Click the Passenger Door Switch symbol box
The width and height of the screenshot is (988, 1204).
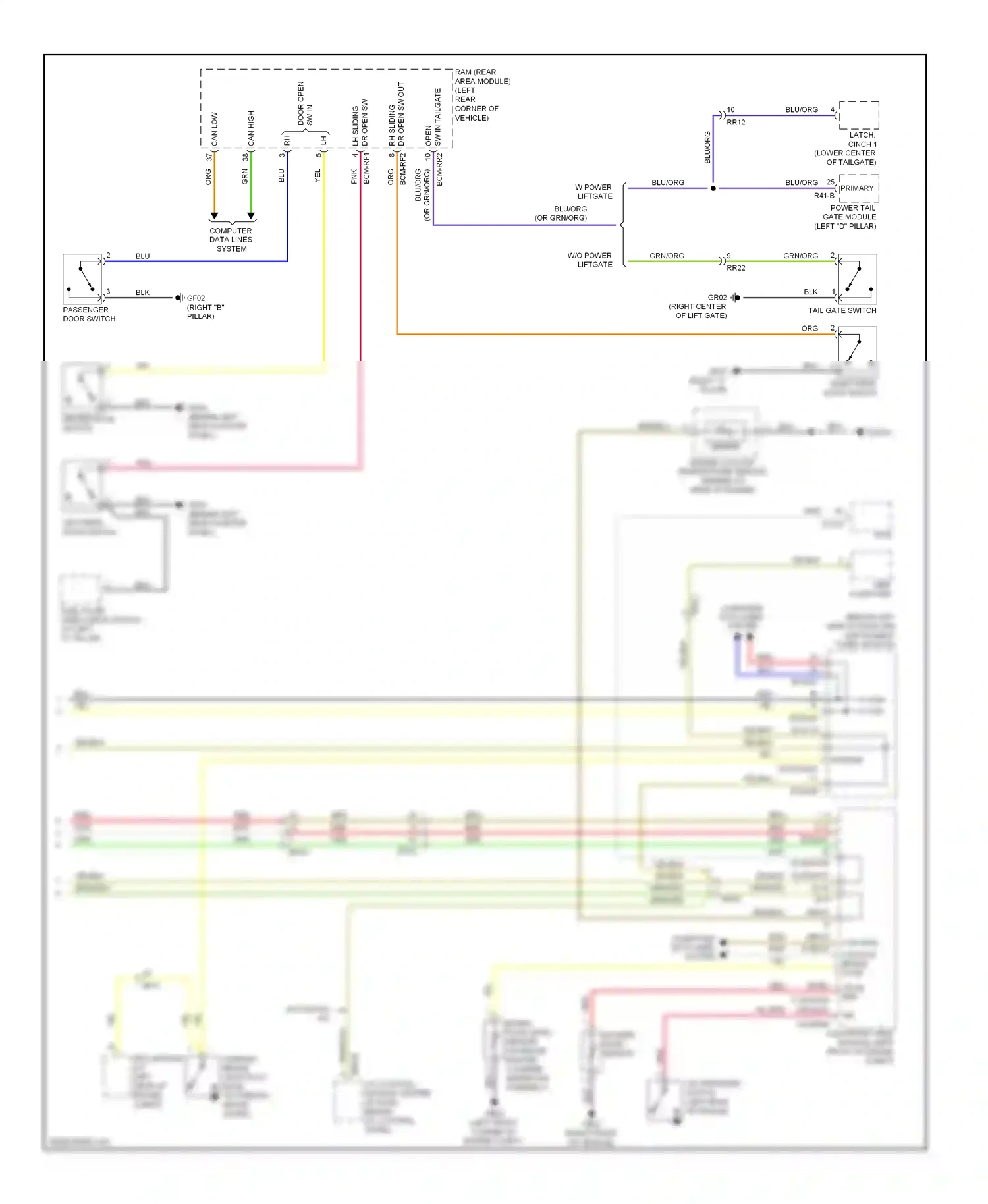coord(82,278)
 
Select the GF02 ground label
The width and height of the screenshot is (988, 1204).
coord(196,298)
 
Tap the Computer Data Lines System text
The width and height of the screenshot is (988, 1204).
coord(231,240)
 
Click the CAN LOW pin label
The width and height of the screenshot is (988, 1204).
coord(215,129)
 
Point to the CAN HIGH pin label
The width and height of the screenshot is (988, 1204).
coord(251,128)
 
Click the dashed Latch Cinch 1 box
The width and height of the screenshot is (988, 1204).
coord(859,115)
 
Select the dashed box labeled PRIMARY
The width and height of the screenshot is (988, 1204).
coord(859,188)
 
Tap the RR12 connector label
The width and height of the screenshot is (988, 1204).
coord(736,123)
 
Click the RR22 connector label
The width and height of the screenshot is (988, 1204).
coord(736,268)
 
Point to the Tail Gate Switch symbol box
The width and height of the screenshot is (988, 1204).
coord(857,279)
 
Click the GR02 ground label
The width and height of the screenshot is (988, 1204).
coord(717,298)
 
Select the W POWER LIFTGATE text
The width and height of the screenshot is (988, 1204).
coord(594,192)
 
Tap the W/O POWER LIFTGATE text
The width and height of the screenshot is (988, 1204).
coord(590,260)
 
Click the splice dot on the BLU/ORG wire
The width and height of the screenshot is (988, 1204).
coord(713,188)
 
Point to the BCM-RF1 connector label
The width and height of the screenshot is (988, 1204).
coord(367,168)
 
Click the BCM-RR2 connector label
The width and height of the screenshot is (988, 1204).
coord(440,169)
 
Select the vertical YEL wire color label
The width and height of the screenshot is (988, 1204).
coord(317,176)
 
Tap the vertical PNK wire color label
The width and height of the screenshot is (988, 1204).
coord(354,177)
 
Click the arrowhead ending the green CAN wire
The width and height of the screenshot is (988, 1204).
coord(251,216)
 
